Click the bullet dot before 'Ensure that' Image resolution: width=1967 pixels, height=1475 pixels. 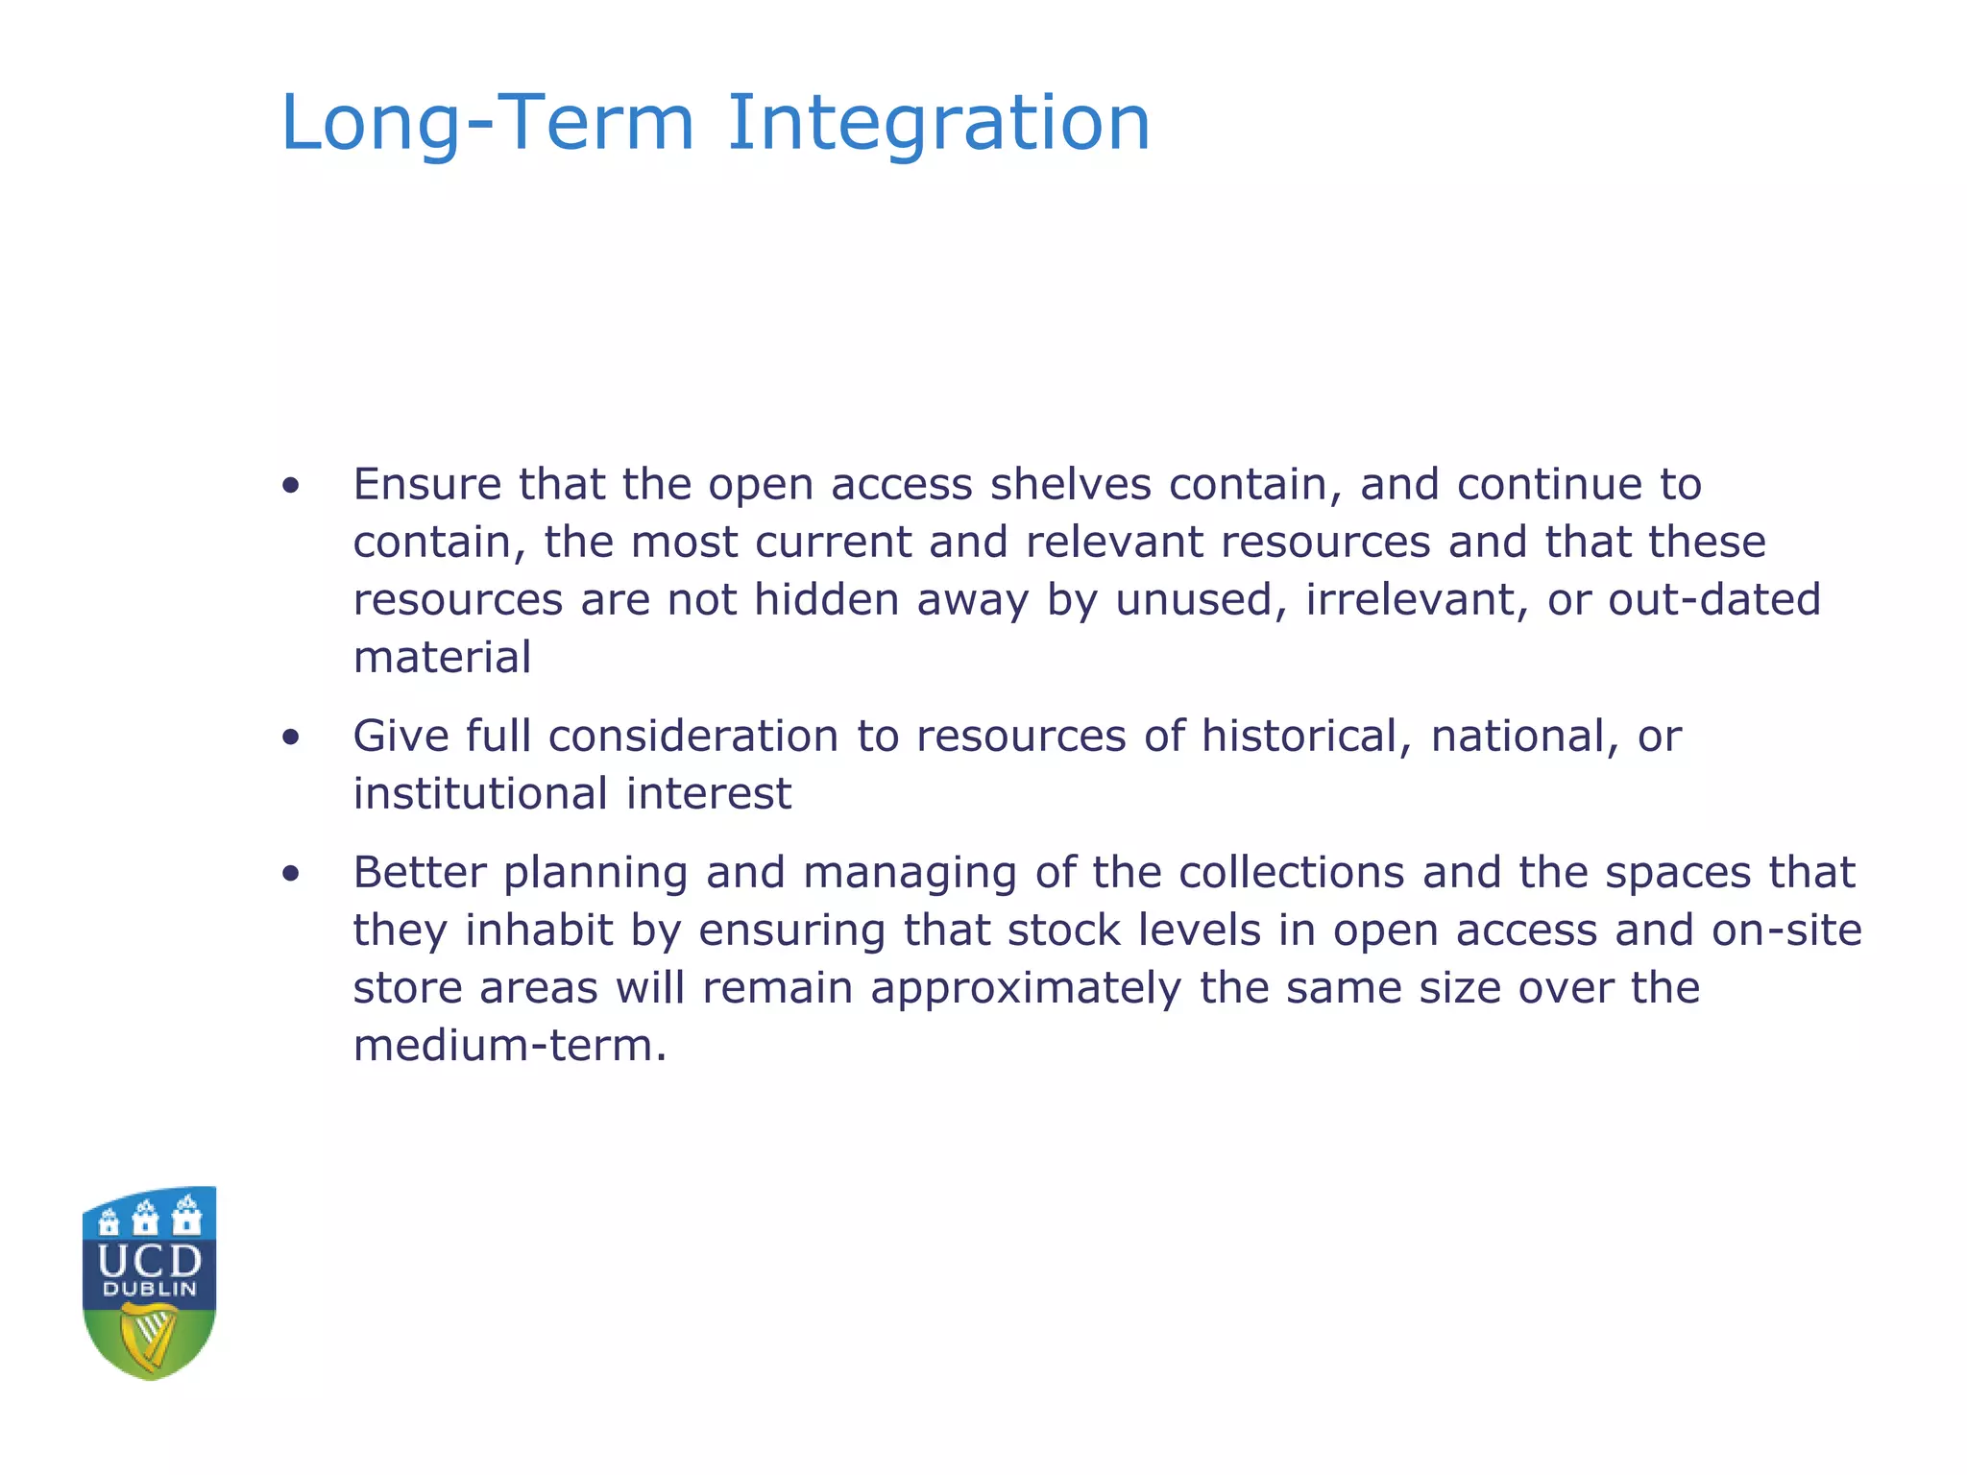pos(291,486)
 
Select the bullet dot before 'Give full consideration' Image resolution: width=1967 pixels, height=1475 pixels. pos(291,737)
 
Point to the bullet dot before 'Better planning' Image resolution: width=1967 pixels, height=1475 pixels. pos(291,874)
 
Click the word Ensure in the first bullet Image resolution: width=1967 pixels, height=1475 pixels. pos(426,484)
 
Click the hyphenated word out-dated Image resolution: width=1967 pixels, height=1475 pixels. pos(1714,600)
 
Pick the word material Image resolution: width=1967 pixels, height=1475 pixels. pos(442,658)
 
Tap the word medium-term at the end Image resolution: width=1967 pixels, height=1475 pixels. pos(509,1046)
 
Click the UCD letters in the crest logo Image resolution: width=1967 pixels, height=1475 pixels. pos(150,1261)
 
